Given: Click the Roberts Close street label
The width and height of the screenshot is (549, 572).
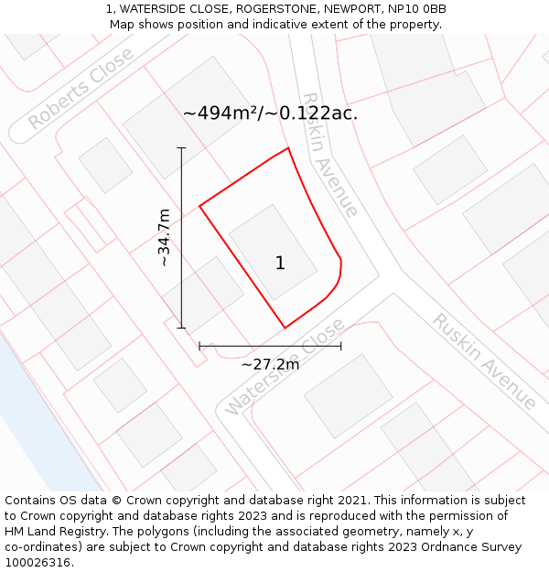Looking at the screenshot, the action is coord(81,88).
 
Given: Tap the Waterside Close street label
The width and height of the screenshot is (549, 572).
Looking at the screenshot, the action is coord(285,366).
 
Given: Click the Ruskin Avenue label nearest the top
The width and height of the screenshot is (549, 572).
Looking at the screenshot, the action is coord(328,155).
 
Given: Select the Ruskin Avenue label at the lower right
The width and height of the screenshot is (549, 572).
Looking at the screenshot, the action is coord(484,362).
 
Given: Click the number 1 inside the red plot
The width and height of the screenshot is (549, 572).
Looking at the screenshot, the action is coord(280,264).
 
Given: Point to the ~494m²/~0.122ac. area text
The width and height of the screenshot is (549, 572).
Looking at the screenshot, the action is coord(270,113).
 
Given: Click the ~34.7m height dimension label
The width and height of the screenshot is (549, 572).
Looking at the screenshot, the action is coord(165,238).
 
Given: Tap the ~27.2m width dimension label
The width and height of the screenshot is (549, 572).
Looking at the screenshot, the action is coord(270,364).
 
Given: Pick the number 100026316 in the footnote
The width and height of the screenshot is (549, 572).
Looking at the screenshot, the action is coord(38,563).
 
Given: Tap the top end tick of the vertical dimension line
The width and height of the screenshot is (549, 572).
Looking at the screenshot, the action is coord(181,147).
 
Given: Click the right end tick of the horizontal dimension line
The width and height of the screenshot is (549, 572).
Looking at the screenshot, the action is coord(341,346).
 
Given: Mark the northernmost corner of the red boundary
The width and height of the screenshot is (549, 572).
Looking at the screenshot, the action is coord(288,148).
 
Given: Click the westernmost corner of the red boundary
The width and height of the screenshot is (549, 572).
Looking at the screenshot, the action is coord(199,206).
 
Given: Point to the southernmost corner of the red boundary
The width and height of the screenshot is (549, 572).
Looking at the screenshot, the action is coord(285,328).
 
